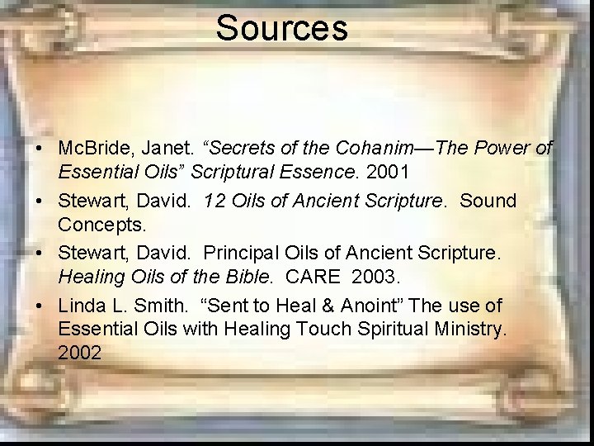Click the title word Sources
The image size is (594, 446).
(281, 27)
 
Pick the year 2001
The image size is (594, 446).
(387, 172)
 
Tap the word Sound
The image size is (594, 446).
(488, 201)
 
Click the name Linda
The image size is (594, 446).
(82, 306)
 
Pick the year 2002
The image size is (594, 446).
(80, 353)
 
